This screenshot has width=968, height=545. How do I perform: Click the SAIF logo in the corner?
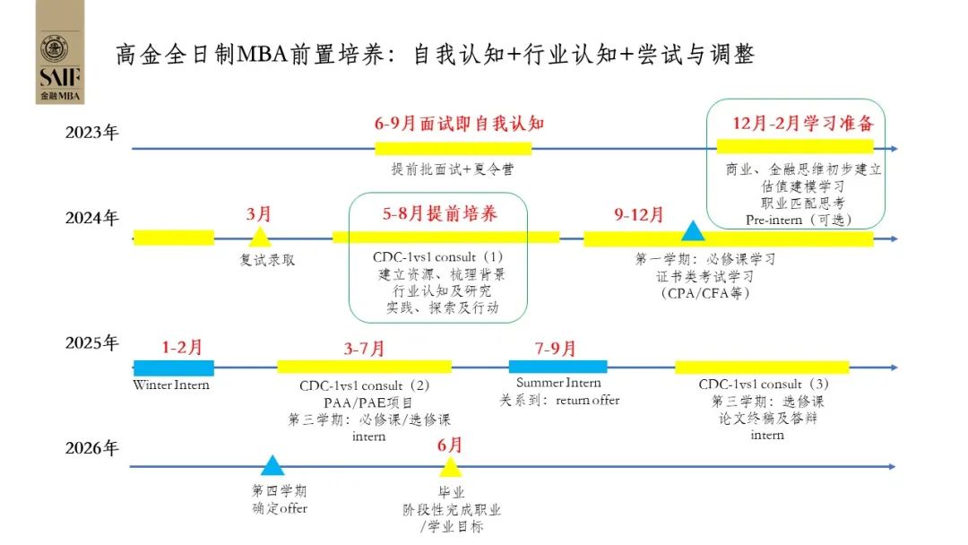pyautogui.click(x=60, y=52)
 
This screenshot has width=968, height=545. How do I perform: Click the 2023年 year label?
pyautogui.click(x=91, y=133)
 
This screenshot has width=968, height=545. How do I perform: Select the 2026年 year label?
pyautogui.click(x=91, y=448)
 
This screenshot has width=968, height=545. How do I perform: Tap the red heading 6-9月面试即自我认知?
pyautogui.click(x=459, y=123)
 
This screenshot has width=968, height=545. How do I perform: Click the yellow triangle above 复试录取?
pyautogui.click(x=260, y=237)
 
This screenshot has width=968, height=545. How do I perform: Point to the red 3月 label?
pyautogui.click(x=259, y=214)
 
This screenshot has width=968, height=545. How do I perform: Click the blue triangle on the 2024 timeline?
pyautogui.click(x=692, y=231)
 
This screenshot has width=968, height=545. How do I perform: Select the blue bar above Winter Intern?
pyautogui.click(x=173, y=368)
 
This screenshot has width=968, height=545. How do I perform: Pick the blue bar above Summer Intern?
pyautogui.click(x=557, y=367)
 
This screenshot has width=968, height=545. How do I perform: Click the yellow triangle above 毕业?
pyautogui.click(x=450, y=466)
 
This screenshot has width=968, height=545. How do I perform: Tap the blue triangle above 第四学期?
pyautogui.click(x=272, y=464)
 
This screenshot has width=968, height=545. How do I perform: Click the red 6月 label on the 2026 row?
pyautogui.click(x=450, y=445)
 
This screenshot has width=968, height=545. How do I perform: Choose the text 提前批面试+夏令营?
pyautogui.click(x=453, y=169)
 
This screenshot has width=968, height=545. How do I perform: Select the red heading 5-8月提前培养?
pyautogui.click(x=439, y=214)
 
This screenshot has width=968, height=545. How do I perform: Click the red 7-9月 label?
pyautogui.click(x=556, y=348)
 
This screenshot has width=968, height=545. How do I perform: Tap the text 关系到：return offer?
pyautogui.click(x=559, y=400)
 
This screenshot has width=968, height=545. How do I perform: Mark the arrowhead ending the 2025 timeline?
pyautogui.click(x=893, y=368)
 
